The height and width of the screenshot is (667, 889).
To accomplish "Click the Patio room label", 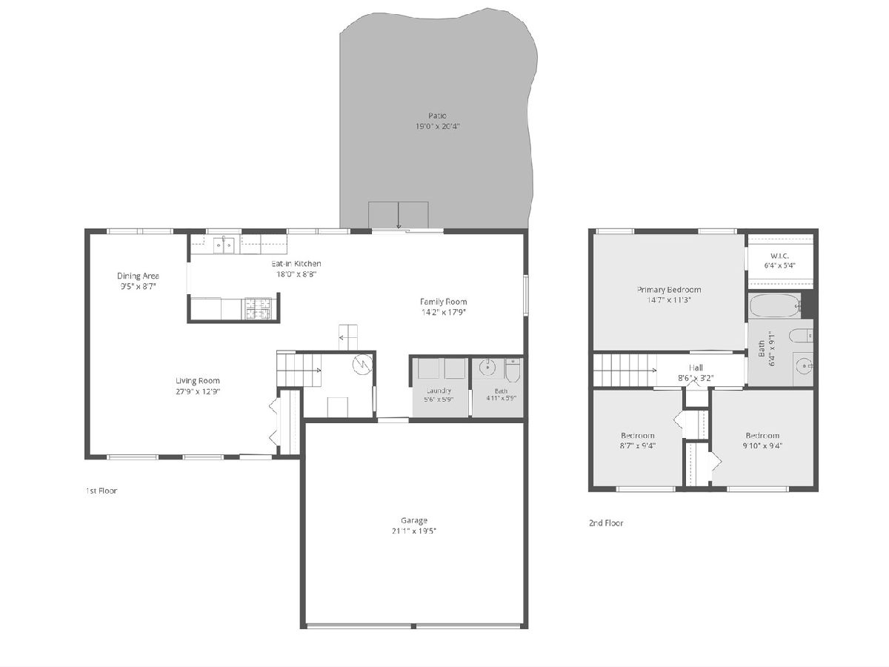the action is point(437,116).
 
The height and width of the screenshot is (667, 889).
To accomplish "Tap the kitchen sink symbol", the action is point(224,245).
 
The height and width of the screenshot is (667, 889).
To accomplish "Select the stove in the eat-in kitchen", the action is point(259,308).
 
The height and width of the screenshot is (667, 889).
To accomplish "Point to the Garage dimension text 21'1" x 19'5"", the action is point(414,531).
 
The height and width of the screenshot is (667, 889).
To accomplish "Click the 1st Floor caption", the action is point(101,491).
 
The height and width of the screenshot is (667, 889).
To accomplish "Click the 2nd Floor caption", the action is point(606,523).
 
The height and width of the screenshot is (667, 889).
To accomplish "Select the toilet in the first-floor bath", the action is point(513,371).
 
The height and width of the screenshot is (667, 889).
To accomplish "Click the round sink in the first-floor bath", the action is point(487,368).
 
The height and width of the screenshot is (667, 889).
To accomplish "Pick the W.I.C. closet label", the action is point(779,256).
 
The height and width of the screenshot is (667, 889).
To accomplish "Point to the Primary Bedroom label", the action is point(669,290).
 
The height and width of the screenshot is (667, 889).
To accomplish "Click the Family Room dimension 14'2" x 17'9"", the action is point(444,312).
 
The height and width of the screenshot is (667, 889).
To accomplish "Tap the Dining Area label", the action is point(138,276).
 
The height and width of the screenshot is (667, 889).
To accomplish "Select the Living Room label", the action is point(198,381).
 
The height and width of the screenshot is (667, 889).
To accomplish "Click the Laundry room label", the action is point(439,391).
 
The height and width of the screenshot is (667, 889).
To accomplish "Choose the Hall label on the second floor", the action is point(696,368).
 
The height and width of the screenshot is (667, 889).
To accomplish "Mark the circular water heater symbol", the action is point(362,364).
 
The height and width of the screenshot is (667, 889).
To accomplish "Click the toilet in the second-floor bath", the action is point(801,336).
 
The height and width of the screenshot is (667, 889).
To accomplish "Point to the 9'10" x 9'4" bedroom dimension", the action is point(762,446).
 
